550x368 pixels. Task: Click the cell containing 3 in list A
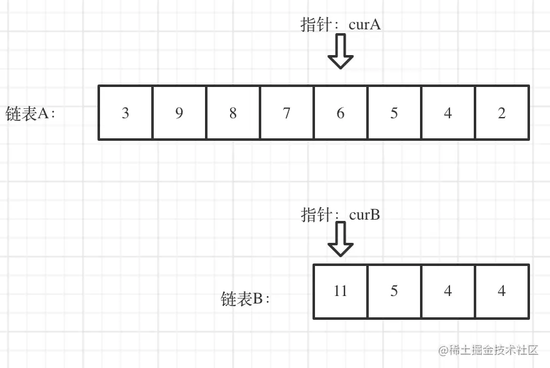(126, 113)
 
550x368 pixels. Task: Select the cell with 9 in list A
(179, 113)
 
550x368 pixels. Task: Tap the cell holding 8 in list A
(233, 113)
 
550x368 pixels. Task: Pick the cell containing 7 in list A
(287, 113)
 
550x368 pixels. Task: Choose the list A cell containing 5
(394, 113)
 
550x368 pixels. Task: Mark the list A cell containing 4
(448, 113)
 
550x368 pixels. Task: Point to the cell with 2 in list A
(502, 113)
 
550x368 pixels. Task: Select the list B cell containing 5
(394, 291)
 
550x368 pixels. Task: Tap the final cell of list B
(502, 291)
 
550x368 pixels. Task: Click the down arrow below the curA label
(341, 52)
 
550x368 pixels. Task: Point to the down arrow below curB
(341, 240)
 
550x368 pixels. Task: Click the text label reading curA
(365, 25)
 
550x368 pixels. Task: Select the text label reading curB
(364, 215)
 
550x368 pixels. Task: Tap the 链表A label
(31, 114)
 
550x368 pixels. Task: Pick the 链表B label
(245, 299)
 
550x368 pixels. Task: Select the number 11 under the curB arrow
(341, 292)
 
